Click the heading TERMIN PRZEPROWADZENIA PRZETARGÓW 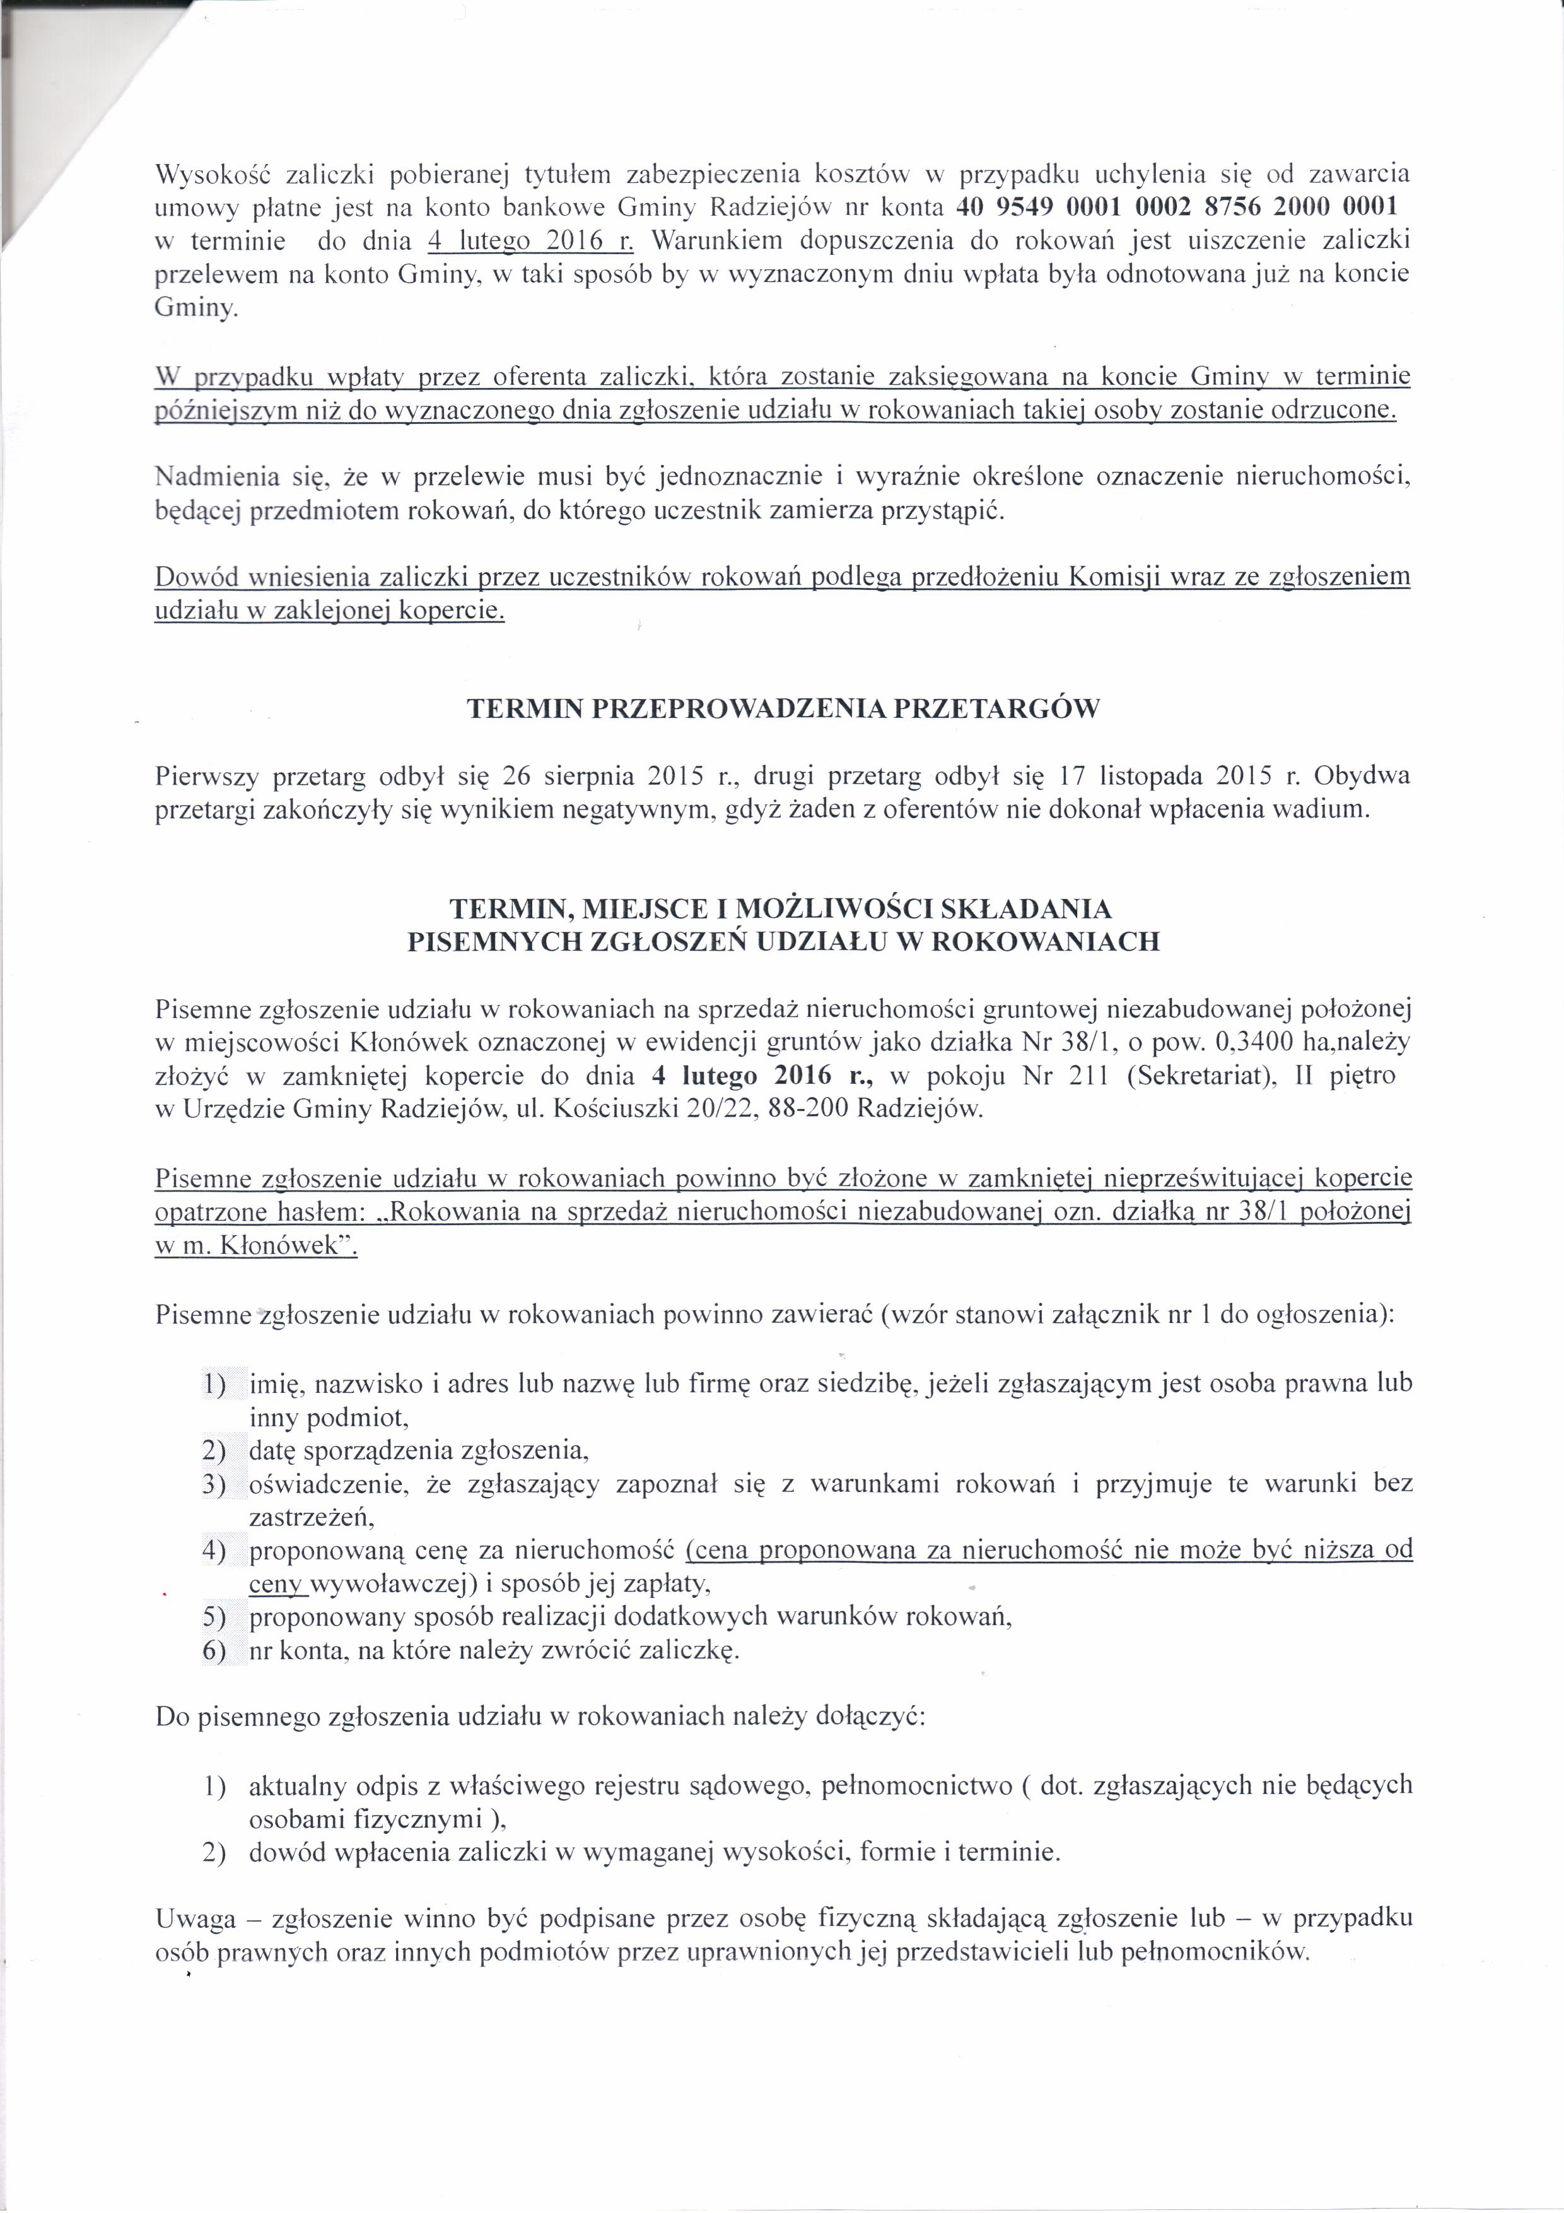[x=783, y=710]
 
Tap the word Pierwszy [x=207, y=776]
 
